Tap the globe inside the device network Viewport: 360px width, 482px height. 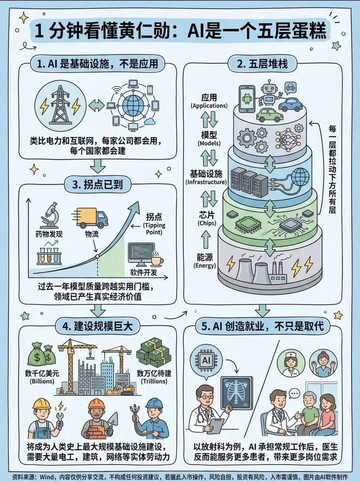tap(133, 106)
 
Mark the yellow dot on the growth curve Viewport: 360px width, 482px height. tap(97, 256)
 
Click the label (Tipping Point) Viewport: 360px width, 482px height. tap(154, 229)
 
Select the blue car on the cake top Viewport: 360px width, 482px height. tap(291, 105)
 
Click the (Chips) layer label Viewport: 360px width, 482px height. tap(207, 223)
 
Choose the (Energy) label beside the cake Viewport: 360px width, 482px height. tap(205, 265)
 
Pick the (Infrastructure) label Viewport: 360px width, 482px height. tap(206, 182)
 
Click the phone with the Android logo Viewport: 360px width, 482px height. tap(247, 99)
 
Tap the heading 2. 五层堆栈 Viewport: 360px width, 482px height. tap(262, 64)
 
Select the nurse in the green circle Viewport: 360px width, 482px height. tap(291, 364)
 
